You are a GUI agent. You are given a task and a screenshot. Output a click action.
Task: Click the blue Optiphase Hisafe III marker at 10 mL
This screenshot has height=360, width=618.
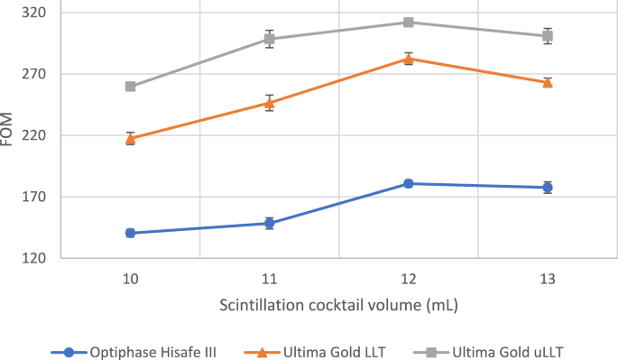pos(130,233)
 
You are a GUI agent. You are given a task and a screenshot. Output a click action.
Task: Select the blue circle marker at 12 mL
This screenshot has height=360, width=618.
pos(408,183)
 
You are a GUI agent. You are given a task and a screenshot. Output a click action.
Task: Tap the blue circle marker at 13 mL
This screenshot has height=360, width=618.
pos(547,188)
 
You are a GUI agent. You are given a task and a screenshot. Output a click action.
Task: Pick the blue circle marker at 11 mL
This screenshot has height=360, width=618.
pos(269,223)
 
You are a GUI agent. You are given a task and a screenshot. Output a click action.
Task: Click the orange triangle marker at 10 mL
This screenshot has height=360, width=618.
pos(130,138)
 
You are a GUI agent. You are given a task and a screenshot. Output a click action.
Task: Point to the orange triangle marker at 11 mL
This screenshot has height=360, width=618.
pos(269,102)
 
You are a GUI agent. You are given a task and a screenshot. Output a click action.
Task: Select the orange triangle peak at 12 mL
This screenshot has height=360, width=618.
pos(408,59)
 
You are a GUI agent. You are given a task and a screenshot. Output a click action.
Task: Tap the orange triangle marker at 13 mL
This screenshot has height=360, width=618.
pos(547,82)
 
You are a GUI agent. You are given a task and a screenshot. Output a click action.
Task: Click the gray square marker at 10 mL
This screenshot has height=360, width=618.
pos(130,87)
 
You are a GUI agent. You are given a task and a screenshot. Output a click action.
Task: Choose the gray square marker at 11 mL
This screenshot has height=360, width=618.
pos(269,39)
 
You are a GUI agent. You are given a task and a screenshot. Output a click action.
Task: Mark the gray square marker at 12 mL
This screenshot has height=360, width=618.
pos(408,22)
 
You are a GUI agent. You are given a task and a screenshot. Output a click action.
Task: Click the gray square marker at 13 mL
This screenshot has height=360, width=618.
pos(547,36)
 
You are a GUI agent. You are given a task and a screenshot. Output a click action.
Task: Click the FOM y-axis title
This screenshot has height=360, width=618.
pos(9,135)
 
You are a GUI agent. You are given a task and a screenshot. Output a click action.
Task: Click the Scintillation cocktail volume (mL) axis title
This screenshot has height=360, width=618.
pos(338,305)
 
